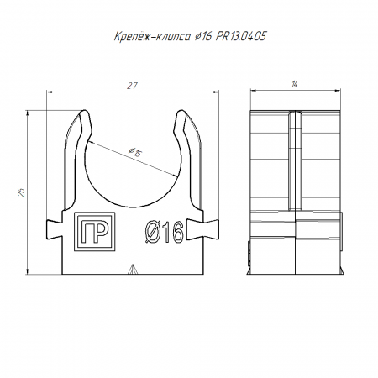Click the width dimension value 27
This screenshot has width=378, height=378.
pyautogui.click(x=132, y=86)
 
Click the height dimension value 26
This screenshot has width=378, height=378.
pyautogui.click(x=22, y=192)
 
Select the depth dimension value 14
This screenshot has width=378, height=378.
pyautogui.click(x=294, y=84)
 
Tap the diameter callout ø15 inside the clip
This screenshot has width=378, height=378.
pyautogui.click(x=136, y=151)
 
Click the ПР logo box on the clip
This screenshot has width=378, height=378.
pyautogui.click(x=95, y=232)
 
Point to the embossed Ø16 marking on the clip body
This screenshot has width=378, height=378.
pyautogui.click(x=165, y=232)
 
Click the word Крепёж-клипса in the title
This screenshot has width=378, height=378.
pyautogui.click(x=152, y=36)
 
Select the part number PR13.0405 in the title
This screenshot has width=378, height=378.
pyautogui.click(x=241, y=36)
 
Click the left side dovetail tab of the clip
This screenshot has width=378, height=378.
pyautogui.click(x=54, y=229)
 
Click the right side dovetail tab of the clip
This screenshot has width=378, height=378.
pyautogui.click(x=202, y=229)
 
